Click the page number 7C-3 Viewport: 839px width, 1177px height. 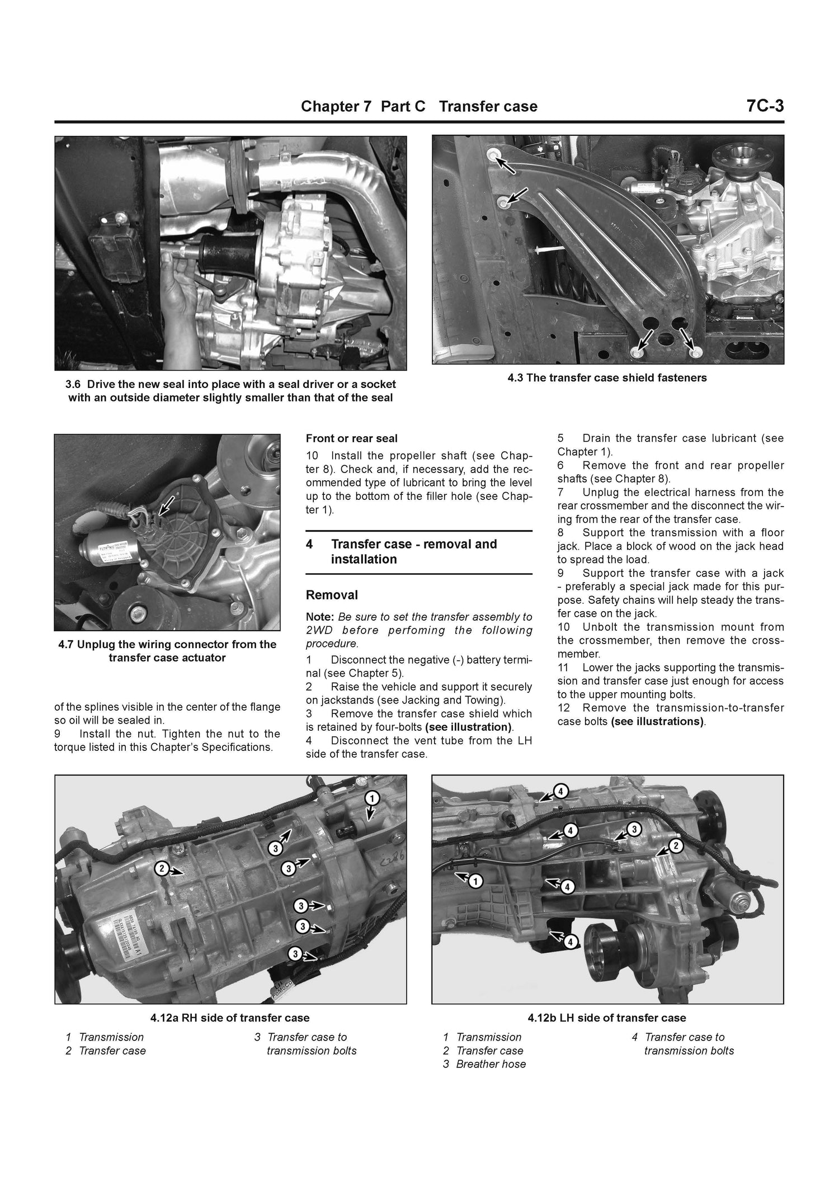(x=764, y=106)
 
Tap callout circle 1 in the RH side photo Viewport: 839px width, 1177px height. (x=372, y=798)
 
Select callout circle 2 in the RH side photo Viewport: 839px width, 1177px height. (x=161, y=868)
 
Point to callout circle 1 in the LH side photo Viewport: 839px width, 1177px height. (x=475, y=882)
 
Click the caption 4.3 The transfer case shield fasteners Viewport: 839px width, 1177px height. (x=607, y=378)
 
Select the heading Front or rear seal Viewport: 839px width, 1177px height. (x=351, y=439)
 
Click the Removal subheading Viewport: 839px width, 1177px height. (x=332, y=595)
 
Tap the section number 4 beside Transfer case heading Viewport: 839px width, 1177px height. (x=309, y=545)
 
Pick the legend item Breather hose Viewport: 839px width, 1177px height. (x=491, y=1064)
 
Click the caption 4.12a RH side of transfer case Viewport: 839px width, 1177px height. (x=230, y=1018)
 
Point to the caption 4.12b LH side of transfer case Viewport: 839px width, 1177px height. (x=607, y=1018)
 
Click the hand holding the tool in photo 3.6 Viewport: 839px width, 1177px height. (x=179, y=285)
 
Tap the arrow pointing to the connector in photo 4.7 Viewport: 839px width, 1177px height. (x=166, y=505)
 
